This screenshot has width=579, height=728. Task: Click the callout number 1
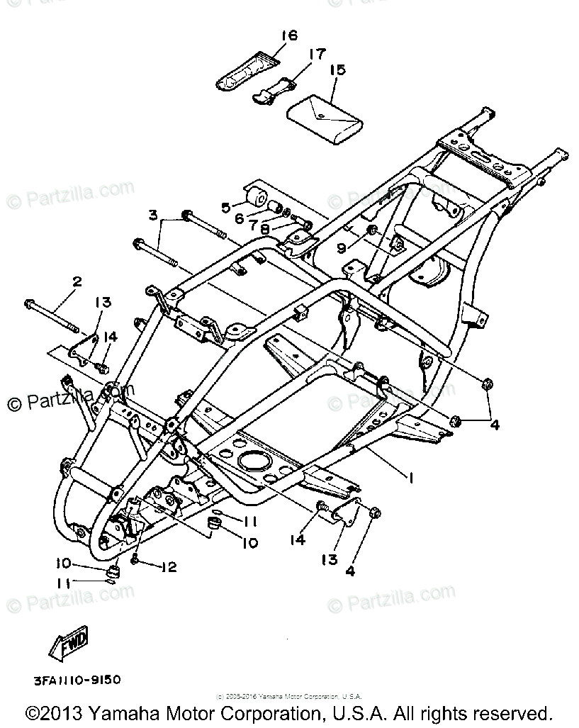click(x=410, y=477)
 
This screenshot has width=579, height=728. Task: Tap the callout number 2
click(x=77, y=281)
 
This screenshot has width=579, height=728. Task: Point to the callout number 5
click(x=225, y=207)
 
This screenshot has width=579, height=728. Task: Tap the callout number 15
click(x=337, y=69)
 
